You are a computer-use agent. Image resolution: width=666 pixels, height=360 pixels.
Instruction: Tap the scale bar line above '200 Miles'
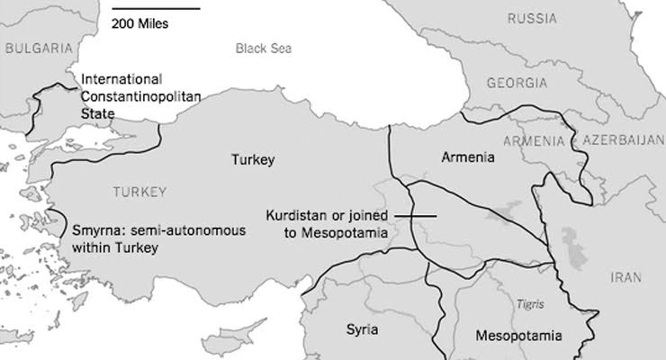pos(156,9)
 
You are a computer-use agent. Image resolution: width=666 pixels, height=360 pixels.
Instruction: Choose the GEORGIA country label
pos(516,83)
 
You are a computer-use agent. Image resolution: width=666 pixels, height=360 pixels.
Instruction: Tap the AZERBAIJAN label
pos(622,141)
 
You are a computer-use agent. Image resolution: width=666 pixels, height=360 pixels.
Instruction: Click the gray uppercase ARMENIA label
pos(534,141)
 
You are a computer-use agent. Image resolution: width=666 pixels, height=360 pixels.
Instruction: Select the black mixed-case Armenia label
pos(468,157)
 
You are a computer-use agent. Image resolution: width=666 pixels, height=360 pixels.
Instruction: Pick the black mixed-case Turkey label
pos(252,160)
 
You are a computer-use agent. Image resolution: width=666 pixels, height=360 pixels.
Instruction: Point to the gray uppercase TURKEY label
pos(139,192)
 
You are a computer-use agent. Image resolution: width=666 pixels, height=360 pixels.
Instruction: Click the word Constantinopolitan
pos(139,95)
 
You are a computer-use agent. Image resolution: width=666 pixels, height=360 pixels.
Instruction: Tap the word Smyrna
pos(95,230)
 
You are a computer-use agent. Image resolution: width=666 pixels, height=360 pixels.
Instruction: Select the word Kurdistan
pos(295,216)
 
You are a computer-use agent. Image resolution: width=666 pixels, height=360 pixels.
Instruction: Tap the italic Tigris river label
pos(530,305)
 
